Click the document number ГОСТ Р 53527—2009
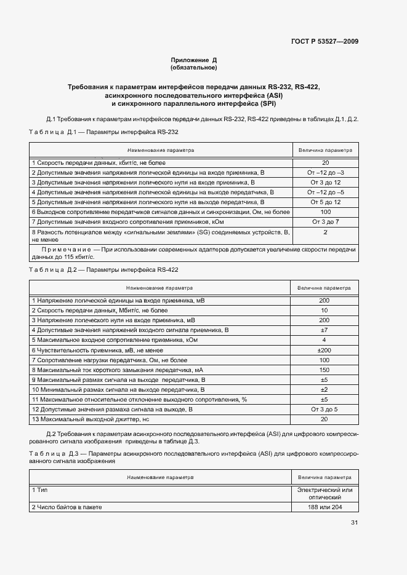324,42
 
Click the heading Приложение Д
194,60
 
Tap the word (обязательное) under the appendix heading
194,68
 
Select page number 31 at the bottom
354,523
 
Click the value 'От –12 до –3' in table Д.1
325,173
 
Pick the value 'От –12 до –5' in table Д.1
325,192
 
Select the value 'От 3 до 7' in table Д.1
325,221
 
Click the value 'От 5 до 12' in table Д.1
325,202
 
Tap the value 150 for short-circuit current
324,370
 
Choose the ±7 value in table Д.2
324,330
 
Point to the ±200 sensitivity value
324,350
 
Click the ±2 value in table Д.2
324,389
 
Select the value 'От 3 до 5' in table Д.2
324,409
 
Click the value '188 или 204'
324,507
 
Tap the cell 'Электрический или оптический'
324,493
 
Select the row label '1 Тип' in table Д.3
39,490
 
